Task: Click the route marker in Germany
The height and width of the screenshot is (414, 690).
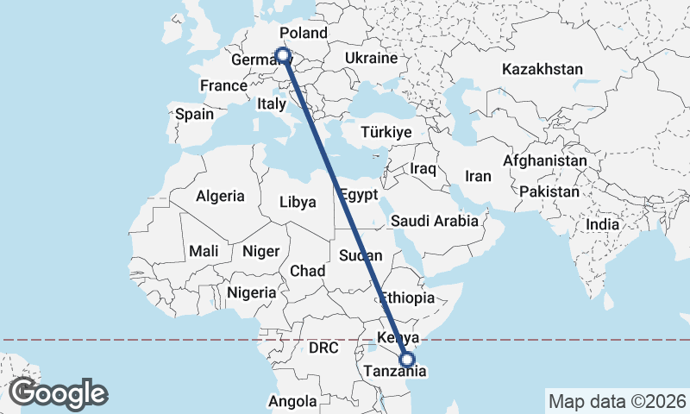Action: click(282, 55)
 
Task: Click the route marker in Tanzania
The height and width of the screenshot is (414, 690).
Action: click(407, 361)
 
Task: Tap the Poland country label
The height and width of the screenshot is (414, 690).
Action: click(304, 34)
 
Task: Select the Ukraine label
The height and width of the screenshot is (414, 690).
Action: click(370, 58)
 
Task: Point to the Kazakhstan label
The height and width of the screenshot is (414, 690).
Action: click(543, 69)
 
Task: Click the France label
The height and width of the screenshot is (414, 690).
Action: click(223, 85)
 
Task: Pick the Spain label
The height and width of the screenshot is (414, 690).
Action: click(194, 114)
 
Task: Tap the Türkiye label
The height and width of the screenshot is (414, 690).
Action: click(386, 132)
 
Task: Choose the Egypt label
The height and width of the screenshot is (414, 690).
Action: click(357, 193)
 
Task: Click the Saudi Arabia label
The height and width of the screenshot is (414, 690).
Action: click(434, 221)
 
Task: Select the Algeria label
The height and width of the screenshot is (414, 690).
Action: click(220, 196)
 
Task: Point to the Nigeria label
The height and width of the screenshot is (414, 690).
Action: click(252, 292)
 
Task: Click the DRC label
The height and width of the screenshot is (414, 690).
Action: click(323, 348)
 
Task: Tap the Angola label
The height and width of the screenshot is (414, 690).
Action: click(293, 401)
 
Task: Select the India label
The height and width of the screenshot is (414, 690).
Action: click(602, 224)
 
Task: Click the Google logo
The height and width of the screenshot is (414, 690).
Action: click(58, 393)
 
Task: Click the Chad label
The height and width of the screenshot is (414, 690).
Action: click(307, 271)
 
